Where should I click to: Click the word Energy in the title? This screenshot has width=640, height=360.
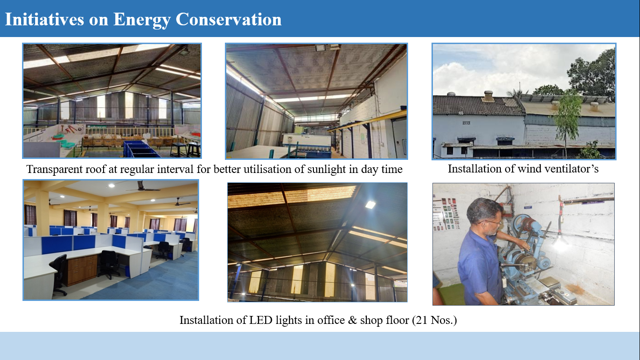point(141,20)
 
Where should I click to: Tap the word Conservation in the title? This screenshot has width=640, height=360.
point(229,19)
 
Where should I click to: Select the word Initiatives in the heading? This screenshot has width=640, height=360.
point(45,19)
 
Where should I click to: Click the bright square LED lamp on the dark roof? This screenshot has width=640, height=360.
point(370,204)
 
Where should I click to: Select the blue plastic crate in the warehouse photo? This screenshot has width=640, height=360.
point(140,149)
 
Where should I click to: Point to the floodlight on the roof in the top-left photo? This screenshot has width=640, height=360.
point(184,51)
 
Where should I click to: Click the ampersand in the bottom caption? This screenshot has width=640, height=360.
point(353,320)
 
